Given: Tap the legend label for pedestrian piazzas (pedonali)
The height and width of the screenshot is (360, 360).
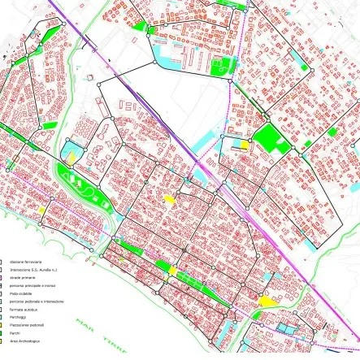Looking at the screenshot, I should coord(25,325).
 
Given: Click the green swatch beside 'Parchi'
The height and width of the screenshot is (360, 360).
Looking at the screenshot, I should coord(2,333).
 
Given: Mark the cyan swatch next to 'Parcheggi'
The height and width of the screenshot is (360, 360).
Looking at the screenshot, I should coord(2,318).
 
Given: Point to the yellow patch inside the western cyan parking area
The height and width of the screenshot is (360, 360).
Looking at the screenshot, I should coord(71,154).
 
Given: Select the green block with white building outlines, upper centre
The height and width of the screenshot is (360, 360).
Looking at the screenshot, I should coord(219,65).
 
